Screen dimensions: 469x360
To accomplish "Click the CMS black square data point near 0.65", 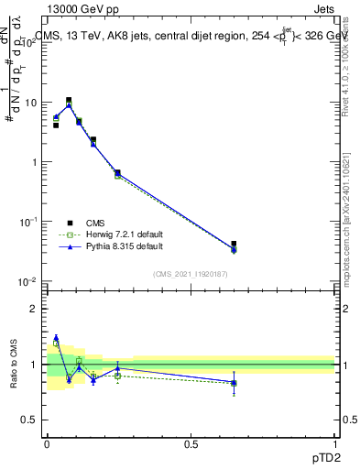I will pos(234,245).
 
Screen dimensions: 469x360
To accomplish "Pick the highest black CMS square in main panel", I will pos(69,101).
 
